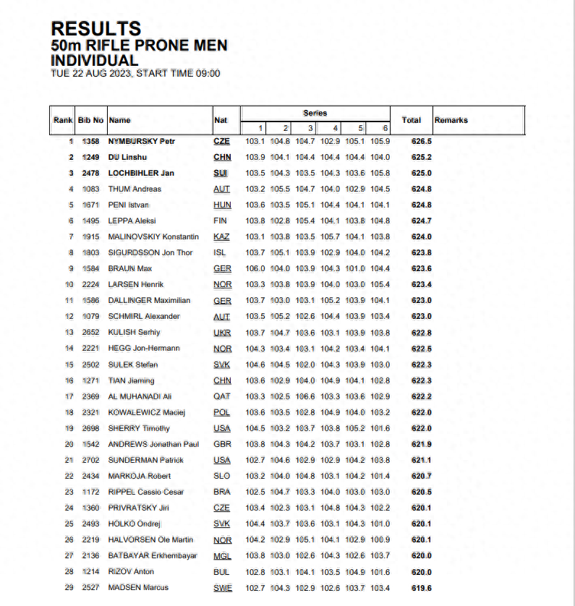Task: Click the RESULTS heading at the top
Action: (95, 29)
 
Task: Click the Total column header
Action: (412, 120)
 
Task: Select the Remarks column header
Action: (451, 120)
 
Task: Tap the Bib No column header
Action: (91, 120)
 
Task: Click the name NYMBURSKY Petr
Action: (142, 142)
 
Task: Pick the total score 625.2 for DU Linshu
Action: (421, 158)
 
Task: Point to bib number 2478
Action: (91, 174)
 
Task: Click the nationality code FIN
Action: (221, 221)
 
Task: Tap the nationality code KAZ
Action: (222, 237)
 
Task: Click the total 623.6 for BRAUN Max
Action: (421, 269)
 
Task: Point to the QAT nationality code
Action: (222, 396)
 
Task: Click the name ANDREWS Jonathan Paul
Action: (153, 444)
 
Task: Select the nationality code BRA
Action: (222, 492)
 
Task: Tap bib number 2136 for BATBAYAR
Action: (91, 555)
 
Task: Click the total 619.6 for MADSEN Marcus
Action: (421, 587)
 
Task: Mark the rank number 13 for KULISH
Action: (69, 333)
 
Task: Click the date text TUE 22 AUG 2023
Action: (92, 73)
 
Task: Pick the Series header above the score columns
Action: (315, 114)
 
